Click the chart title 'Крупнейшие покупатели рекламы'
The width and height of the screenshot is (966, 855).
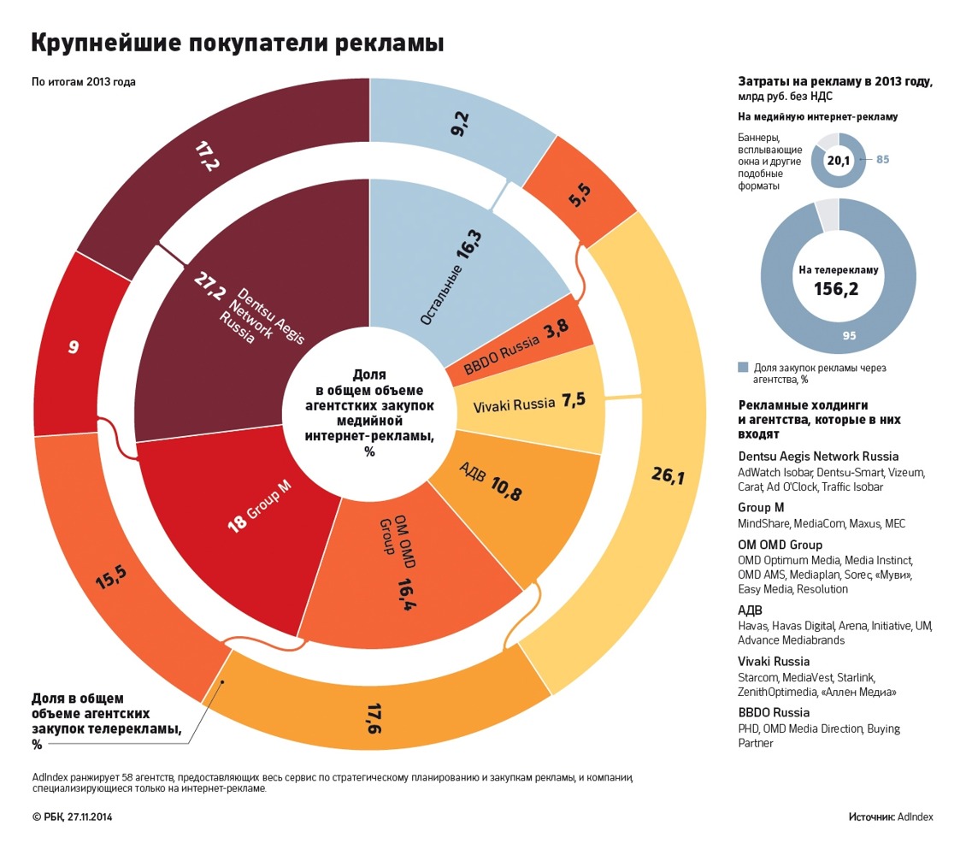(238, 42)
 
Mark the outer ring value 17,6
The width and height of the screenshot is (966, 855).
(374, 717)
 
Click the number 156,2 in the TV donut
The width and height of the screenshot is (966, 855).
(838, 290)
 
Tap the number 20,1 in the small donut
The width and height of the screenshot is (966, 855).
(838, 160)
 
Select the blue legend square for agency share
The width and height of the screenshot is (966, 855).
(743, 367)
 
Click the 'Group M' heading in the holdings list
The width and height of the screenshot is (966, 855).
(761, 507)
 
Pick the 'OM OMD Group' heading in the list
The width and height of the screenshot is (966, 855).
(780, 545)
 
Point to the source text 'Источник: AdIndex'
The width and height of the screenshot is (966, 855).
(890, 817)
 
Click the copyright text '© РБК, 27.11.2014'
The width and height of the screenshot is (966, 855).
(72, 817)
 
